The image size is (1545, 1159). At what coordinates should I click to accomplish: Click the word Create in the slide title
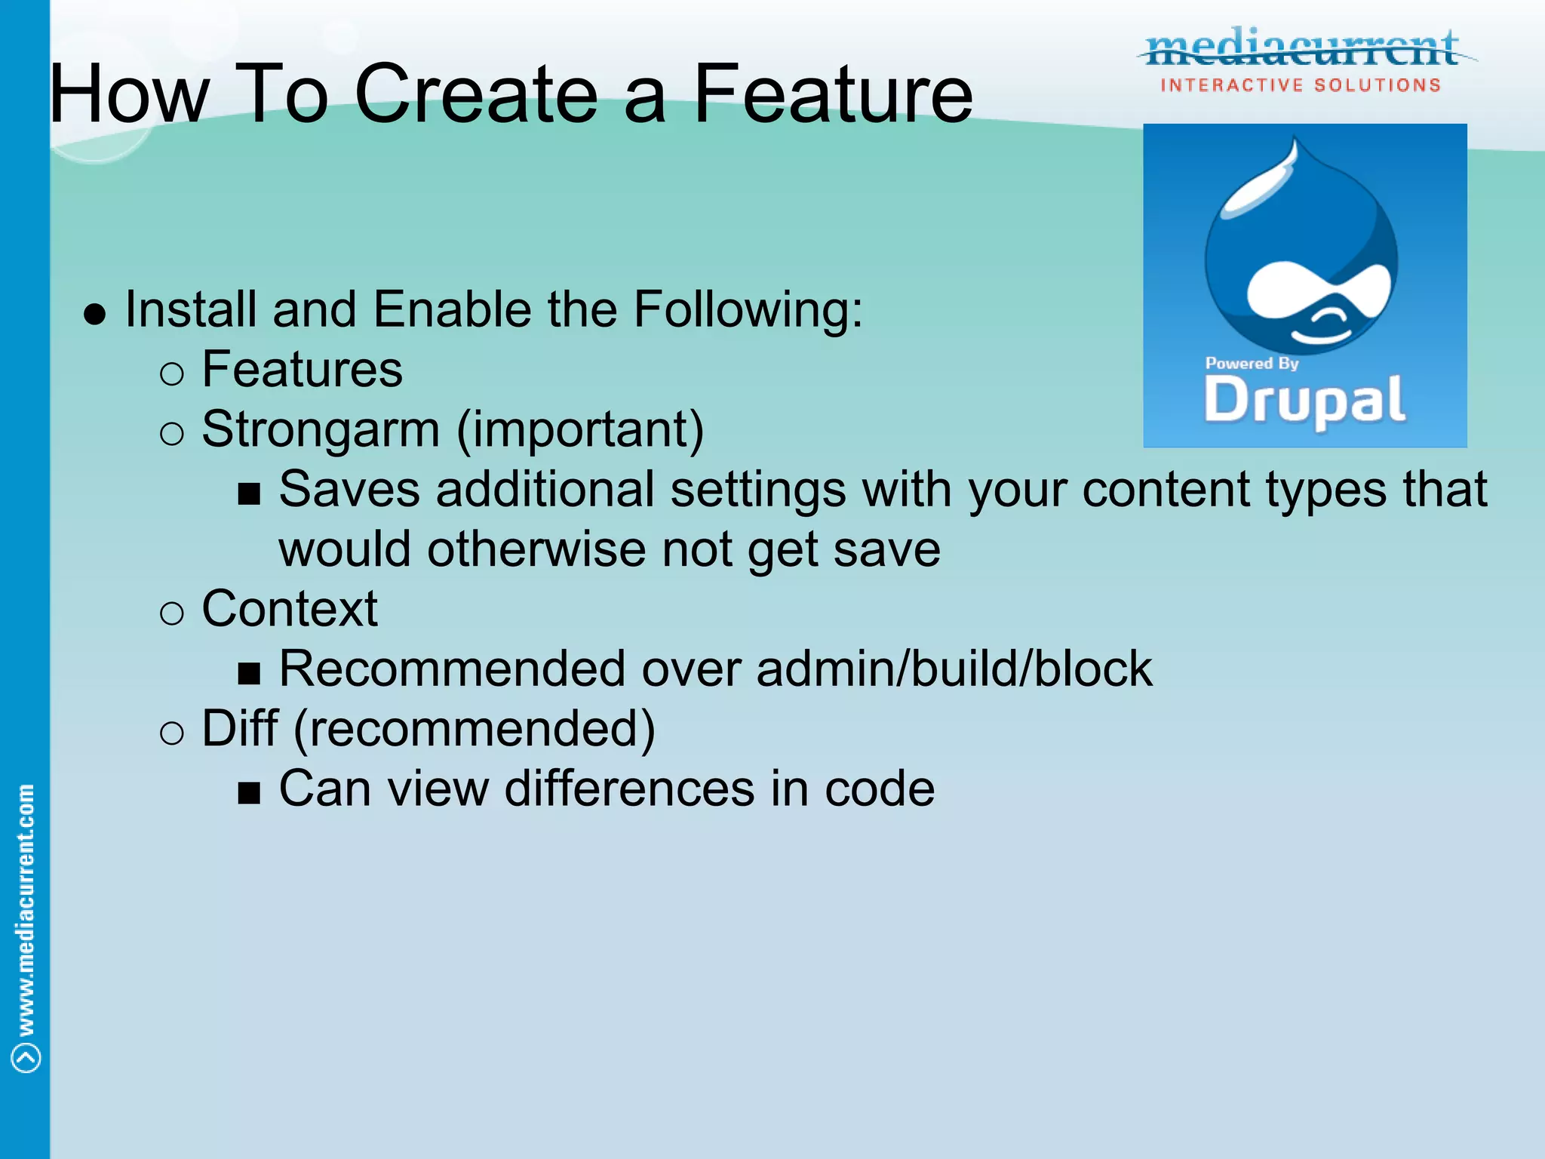point(475,94)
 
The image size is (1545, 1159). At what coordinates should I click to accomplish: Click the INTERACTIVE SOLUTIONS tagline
point(1301,85)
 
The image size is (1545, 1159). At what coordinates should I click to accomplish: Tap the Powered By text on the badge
point(1252,364)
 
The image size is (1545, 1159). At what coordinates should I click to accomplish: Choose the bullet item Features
point(302,370)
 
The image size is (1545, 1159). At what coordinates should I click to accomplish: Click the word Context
point(290,609)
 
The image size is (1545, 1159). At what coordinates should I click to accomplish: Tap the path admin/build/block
point(954,669)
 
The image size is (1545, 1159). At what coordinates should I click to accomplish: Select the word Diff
point(240,729)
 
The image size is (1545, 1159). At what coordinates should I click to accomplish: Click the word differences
point(629,789)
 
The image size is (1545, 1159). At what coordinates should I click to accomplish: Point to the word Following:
point(748,309)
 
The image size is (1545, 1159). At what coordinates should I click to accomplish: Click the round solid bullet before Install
point(95,314)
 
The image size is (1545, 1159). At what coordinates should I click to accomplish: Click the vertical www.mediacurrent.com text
point(26,909)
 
